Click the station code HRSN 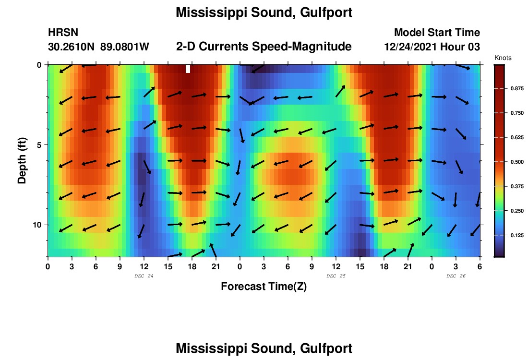point(63,33)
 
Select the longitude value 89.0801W point(125,47)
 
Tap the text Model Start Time point(437,33)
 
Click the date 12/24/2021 point(411,47)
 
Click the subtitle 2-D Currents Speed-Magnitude point(264,47)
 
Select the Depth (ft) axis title point(22,160)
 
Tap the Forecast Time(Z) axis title point(264,287)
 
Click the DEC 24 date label point(144,276)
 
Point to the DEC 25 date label point(336,276)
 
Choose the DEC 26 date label point(456,276)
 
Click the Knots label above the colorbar point(503,58)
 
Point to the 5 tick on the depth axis point(39,144)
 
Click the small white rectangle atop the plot point(188,69)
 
